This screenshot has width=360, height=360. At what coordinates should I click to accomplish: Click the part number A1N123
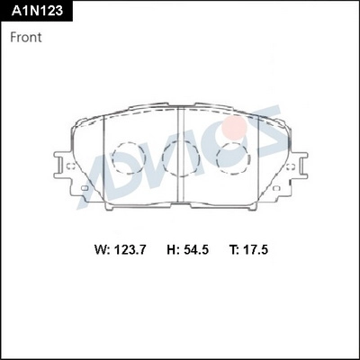tap(35, 11)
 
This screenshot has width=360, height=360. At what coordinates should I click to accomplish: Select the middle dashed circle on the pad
tap(175, 161)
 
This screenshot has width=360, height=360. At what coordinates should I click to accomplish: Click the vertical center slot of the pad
tap(183, 157)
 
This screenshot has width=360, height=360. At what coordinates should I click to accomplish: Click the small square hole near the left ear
tap(85, 189)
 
